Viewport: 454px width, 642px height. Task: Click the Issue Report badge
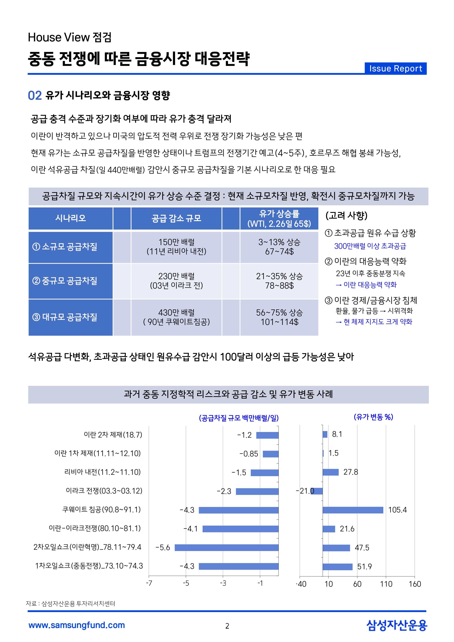(x=395, y=69)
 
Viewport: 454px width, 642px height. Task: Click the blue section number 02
(x=35, y=96)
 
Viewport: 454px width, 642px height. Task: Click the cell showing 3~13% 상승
(x=279, y=242)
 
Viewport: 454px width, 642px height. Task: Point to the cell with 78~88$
(x=279, y=285)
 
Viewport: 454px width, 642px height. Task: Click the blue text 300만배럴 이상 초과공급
(x=370, y=246)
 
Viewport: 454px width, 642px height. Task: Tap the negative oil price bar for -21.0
(x=317, y=491)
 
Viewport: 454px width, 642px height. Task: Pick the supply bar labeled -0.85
(x=270, y=454)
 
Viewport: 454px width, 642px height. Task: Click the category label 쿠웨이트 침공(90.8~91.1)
(x=101, y=510)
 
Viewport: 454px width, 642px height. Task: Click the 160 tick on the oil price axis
(x=415, y=584)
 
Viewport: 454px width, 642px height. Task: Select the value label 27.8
(x=351, y=472)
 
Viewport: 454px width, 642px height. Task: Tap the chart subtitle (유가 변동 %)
(x=373, y=417)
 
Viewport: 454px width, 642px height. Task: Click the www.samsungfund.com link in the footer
(x=77, y=625)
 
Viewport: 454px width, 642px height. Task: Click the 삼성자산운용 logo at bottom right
(x=397, y=625)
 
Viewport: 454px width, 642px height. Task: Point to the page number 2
(x=227, y=626)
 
